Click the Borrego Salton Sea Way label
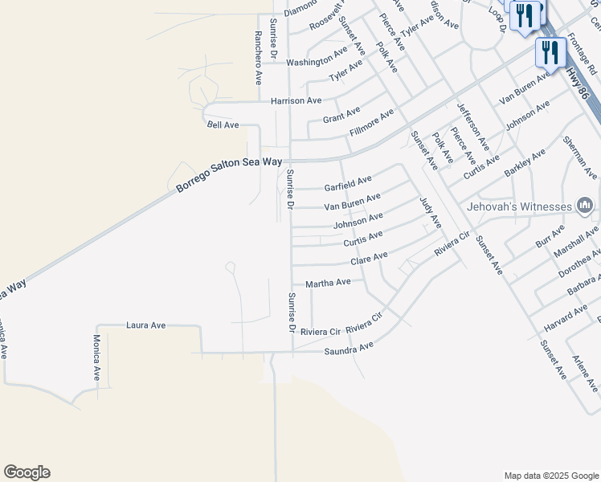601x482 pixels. coord(230,174)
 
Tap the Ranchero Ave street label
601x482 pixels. coord(258,58)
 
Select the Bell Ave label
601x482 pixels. coord(223,125)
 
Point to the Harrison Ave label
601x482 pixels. coord(296,101)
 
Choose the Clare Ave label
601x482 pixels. coord(369,259)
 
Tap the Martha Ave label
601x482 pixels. coord(328,283)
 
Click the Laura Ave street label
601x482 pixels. coord(145,325)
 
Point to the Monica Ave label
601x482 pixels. coord(96,357)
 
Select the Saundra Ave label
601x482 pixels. coord(349,349)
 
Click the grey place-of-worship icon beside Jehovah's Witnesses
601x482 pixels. coord(585,206)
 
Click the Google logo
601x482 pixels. coord(27,472)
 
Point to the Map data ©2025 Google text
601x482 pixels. coord(550,476)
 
